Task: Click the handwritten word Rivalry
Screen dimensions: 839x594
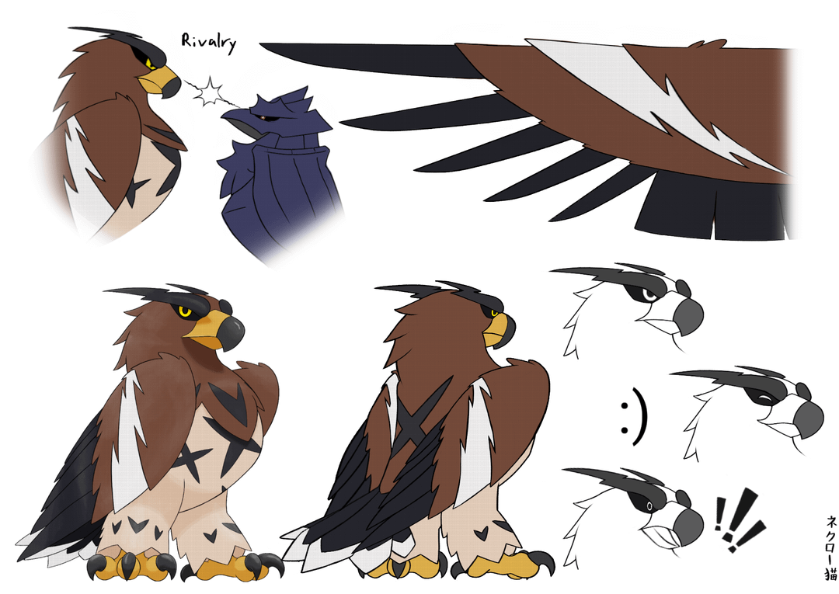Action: click(209, 43)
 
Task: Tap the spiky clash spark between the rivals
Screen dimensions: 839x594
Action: click(209, 92)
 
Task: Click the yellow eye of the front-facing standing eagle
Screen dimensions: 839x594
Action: click(185, 311)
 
